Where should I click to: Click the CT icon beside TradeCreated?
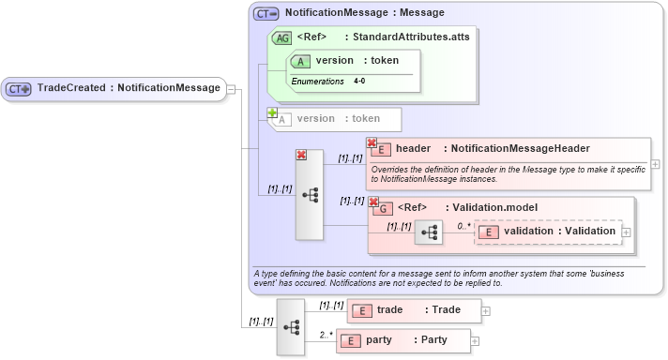point(19,89)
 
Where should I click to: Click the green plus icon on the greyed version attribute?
point(273,112)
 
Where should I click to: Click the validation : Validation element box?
point(549,232)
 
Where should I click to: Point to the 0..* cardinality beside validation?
point(463,226)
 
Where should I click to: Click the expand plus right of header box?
point(655,164)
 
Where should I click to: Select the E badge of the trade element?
point(361,310)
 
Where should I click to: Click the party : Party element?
point(403,340)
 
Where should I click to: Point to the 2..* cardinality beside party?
point(326,334)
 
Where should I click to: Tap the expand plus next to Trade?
point(486,310)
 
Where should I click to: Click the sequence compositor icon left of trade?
point(291,326)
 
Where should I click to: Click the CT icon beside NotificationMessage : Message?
point(266,14)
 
